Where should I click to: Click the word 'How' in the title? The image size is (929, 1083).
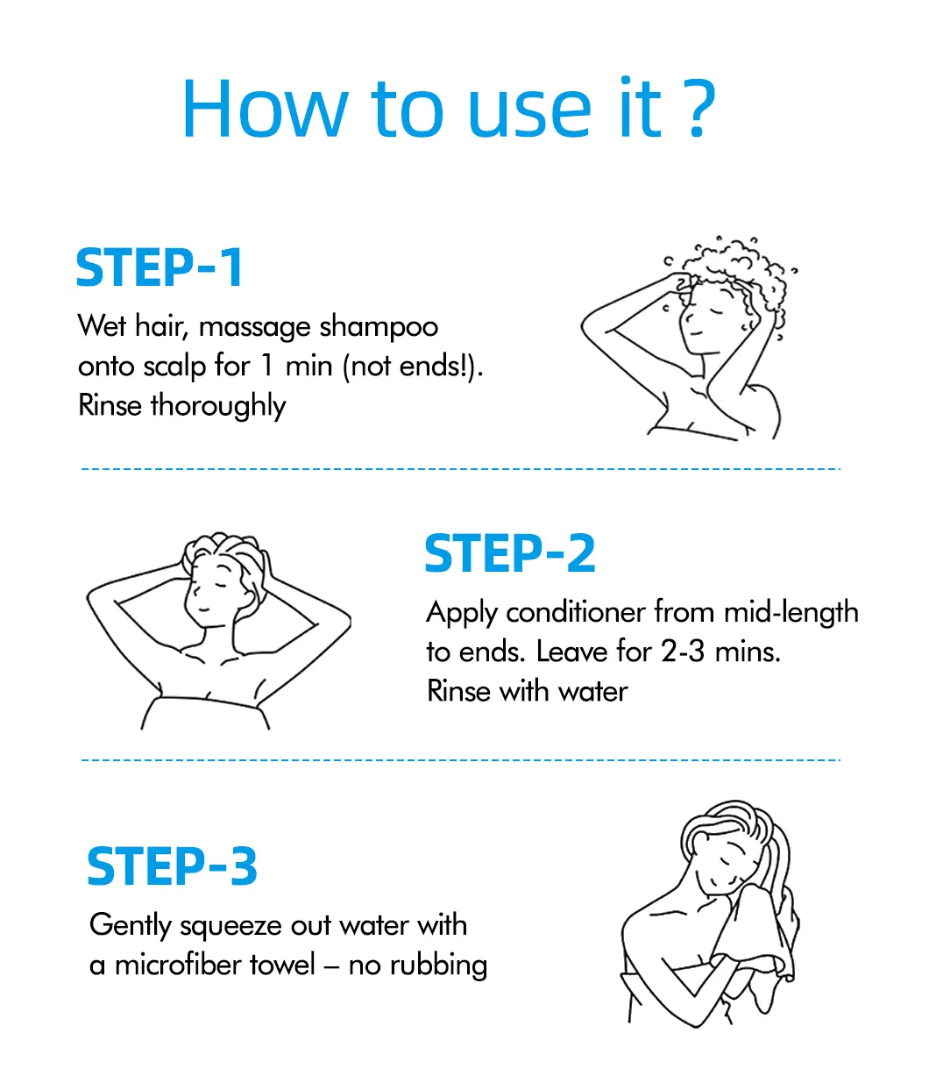tap(266, 108)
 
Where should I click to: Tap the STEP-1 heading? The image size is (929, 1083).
tap(160, 267)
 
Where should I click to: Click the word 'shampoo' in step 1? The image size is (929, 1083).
tap(379, 328)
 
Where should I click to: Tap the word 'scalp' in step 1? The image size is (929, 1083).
tap(174, 367)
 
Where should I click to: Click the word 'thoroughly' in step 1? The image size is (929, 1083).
tap(218, 407)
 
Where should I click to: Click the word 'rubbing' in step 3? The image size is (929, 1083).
tap(439, 966)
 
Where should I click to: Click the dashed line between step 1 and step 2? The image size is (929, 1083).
tap(461, 469)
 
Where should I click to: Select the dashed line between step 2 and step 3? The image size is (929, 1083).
tap(461, 759)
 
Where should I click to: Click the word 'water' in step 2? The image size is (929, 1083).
tap(592, 692)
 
